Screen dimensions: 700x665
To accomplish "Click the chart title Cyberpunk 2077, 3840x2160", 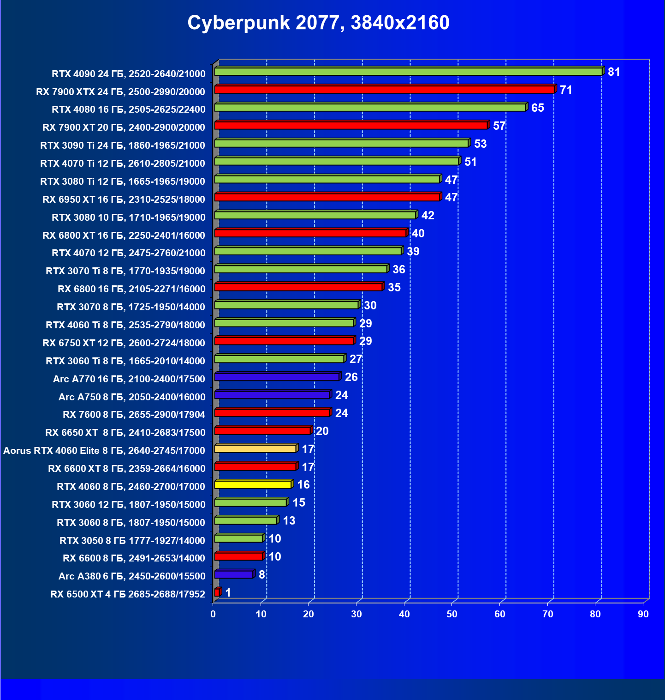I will (x=318, y=23).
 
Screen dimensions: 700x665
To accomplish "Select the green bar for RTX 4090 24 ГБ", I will (x=408, y=72).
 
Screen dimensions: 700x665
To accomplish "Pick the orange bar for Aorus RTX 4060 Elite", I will (x=255, y=449).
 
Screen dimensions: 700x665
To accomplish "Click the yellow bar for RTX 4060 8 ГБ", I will (x=253, y=485).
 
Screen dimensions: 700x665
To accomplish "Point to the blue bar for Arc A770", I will (x=277, y=377).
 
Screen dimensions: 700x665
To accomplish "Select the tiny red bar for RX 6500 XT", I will (x=217, y=592).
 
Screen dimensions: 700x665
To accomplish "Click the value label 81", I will (x=614, y=72).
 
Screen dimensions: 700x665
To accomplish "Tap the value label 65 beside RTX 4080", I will (x=538, y=108).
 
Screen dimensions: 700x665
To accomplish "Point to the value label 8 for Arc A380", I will (x=262, y=575).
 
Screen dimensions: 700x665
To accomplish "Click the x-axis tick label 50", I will (x=452, y=614).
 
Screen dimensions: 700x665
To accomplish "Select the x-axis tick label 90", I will (x=643, y=614).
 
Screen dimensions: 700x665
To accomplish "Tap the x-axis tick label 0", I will (x=213, y=614).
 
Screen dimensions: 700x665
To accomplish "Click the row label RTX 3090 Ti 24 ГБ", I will (x=123, y=145).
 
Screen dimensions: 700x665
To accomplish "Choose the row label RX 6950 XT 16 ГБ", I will (x=124, y=199).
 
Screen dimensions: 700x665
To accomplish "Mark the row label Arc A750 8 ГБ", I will (x=132, y=397).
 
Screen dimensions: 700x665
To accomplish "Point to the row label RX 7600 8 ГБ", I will (x=134, y=415).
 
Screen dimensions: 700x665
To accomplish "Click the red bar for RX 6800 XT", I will (x=310, y=233).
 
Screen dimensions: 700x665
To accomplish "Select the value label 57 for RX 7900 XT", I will (x=499, y=126).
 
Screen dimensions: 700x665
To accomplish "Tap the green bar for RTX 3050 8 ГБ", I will (x=238, y=539).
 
